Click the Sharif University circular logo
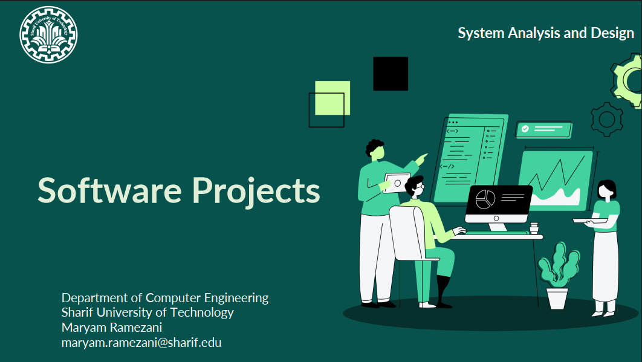point(48,35)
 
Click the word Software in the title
point(109,190)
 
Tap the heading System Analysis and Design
point(546,33)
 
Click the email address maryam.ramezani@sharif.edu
point(141,342)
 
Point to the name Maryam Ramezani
point(112,327)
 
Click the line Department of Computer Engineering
point(165,298)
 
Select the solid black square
point(391,74)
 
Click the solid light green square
point(332,98)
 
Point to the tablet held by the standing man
point(397,183)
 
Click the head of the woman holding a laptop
point(606,190)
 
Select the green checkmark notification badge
point(543,129)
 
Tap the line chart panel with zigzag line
point(555,181)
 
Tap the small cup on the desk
point(534,228)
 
